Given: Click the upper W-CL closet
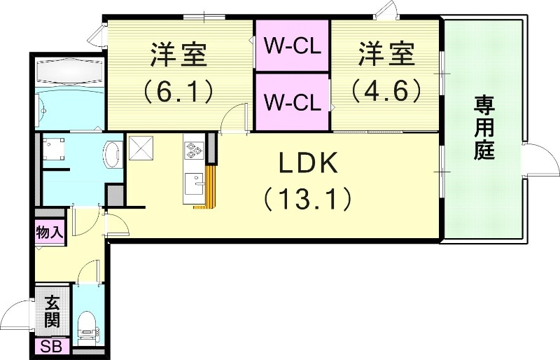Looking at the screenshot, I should point(293,46).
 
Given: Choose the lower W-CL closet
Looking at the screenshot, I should point(293,102).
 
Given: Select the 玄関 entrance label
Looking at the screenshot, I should point(52,312).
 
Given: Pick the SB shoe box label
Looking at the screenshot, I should point(51,347).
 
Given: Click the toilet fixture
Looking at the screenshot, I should point(87,324).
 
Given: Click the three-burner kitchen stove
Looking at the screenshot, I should point(193,149).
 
